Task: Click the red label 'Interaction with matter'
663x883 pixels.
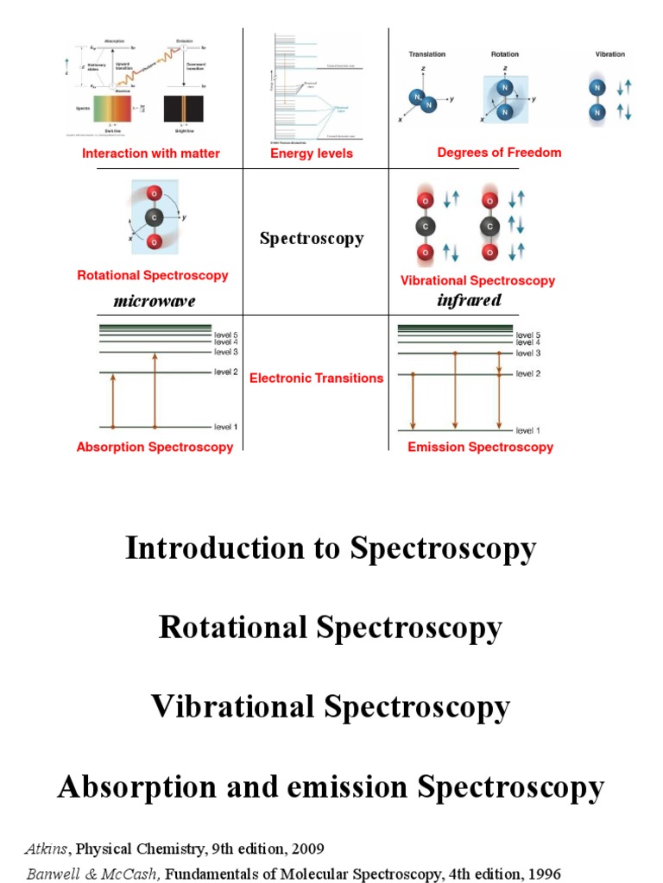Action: click(151, 153)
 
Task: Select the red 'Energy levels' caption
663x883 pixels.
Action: click(312, 153)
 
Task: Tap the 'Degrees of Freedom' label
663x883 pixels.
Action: click(499, 153)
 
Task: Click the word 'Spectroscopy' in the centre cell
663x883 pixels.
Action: click(312, 239)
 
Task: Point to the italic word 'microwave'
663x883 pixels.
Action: click(155, 301)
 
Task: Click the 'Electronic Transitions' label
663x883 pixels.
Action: click(316, 378)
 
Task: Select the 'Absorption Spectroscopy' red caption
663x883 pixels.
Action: click(155, 447)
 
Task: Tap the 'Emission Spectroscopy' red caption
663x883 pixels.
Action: click(480, 447)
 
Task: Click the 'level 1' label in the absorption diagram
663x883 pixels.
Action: click(225, 427)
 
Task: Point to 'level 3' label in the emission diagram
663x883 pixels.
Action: click(527, 354)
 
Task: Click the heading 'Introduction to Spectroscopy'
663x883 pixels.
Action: click(331, 548)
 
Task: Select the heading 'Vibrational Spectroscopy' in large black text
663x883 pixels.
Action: click(331, 707)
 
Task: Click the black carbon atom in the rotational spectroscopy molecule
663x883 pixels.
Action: click(154, 217)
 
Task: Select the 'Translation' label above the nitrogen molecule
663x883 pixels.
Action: click(426, 54)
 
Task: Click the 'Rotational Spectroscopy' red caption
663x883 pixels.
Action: click(153, 276)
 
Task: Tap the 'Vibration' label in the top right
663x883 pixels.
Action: click(610, 53)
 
